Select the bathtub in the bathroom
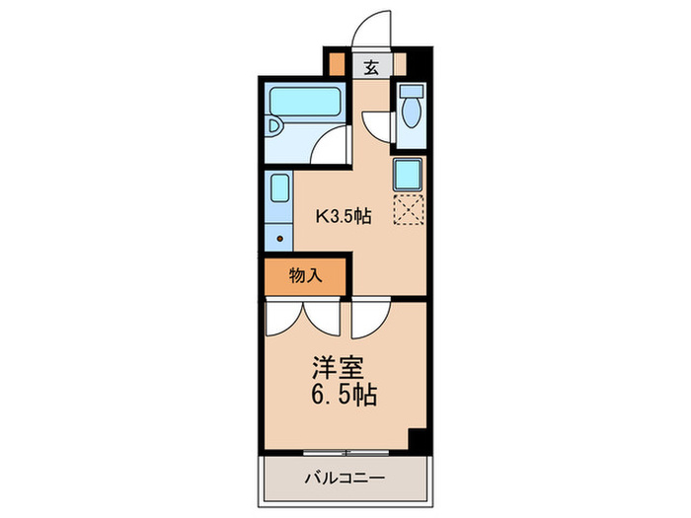[304, 102]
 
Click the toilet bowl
[410, 112]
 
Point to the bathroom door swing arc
[334, 148]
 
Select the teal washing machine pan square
[409, 174]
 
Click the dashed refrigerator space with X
[409, 209]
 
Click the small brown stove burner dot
[279, 238]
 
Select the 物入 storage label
[306, 276]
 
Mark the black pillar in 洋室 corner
[418, 440]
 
